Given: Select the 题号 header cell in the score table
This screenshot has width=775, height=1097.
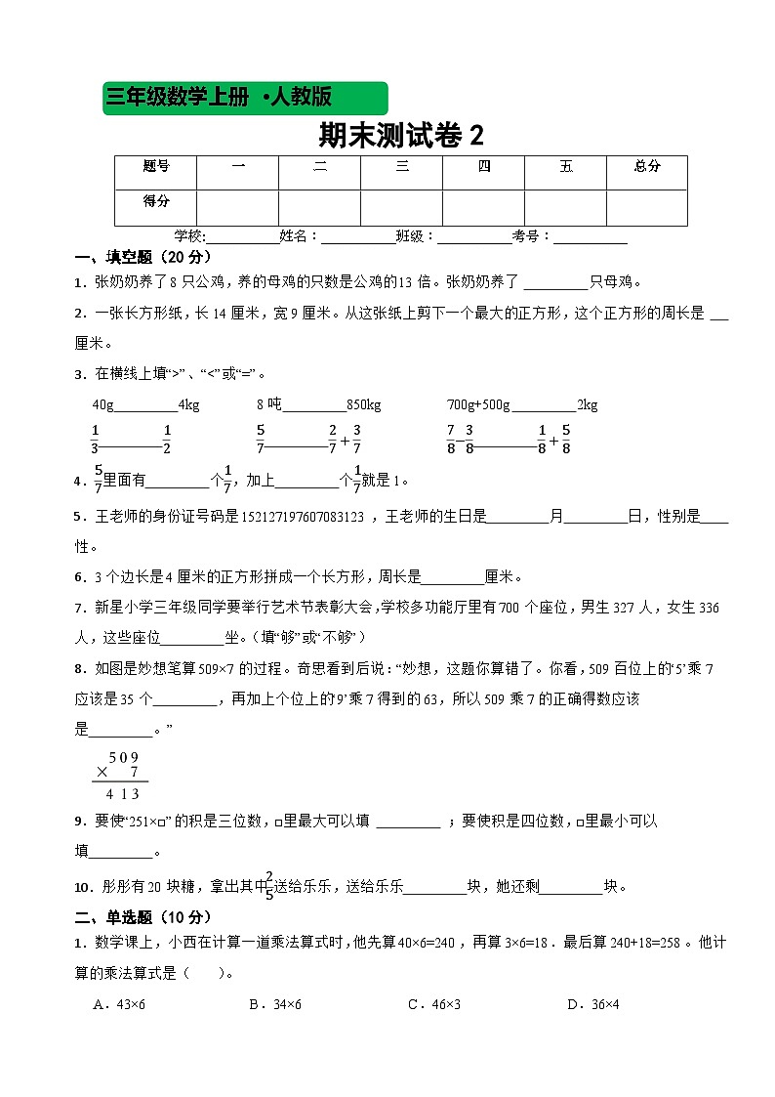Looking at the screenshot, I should click(x=156, y=167).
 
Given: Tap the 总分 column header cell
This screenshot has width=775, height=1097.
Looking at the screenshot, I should click(x=647, y=167).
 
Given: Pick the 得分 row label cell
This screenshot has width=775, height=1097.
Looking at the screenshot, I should click(x=156, y=201).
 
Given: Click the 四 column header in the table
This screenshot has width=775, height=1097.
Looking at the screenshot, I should click(x=484, y=167).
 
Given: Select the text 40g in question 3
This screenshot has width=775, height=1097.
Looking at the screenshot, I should click(x=102, y=405).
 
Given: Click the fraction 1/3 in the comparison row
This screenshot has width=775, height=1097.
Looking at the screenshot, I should click(x=95, y=440).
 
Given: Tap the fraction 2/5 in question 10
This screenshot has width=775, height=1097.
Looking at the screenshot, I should click(x=268, y=886).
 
